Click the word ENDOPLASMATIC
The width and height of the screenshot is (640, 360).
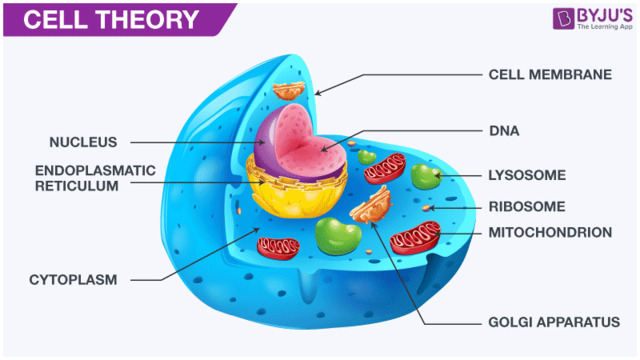95,171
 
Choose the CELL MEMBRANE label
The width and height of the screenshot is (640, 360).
549,74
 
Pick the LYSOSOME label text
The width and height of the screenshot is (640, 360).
527,175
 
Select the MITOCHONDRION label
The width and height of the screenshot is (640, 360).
549,232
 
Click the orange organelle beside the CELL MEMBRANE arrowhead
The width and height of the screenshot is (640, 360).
291,89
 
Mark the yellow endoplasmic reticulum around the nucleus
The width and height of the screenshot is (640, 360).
300,195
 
